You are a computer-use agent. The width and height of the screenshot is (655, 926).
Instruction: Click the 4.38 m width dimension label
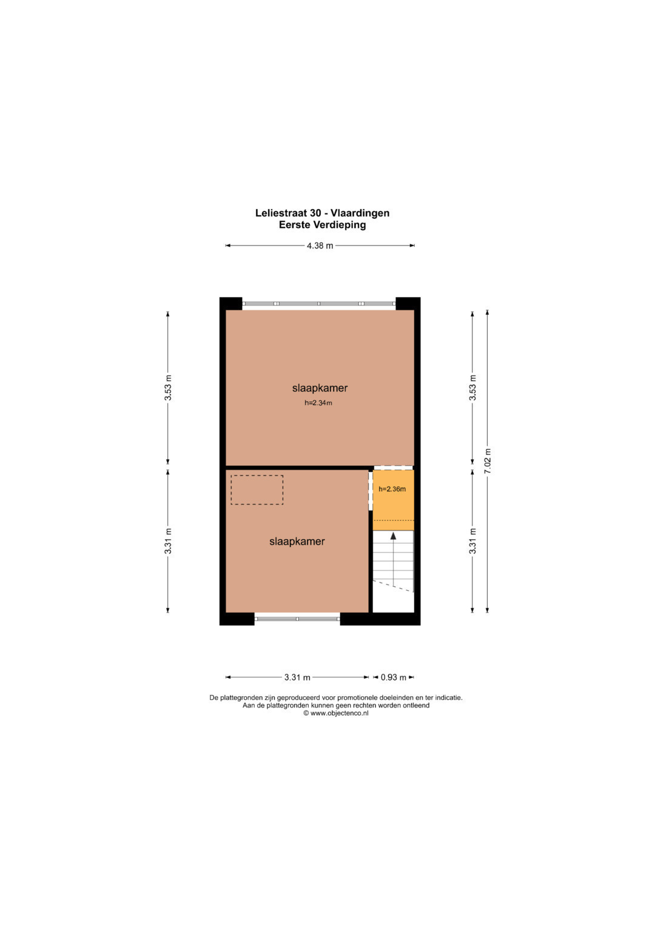320,246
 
